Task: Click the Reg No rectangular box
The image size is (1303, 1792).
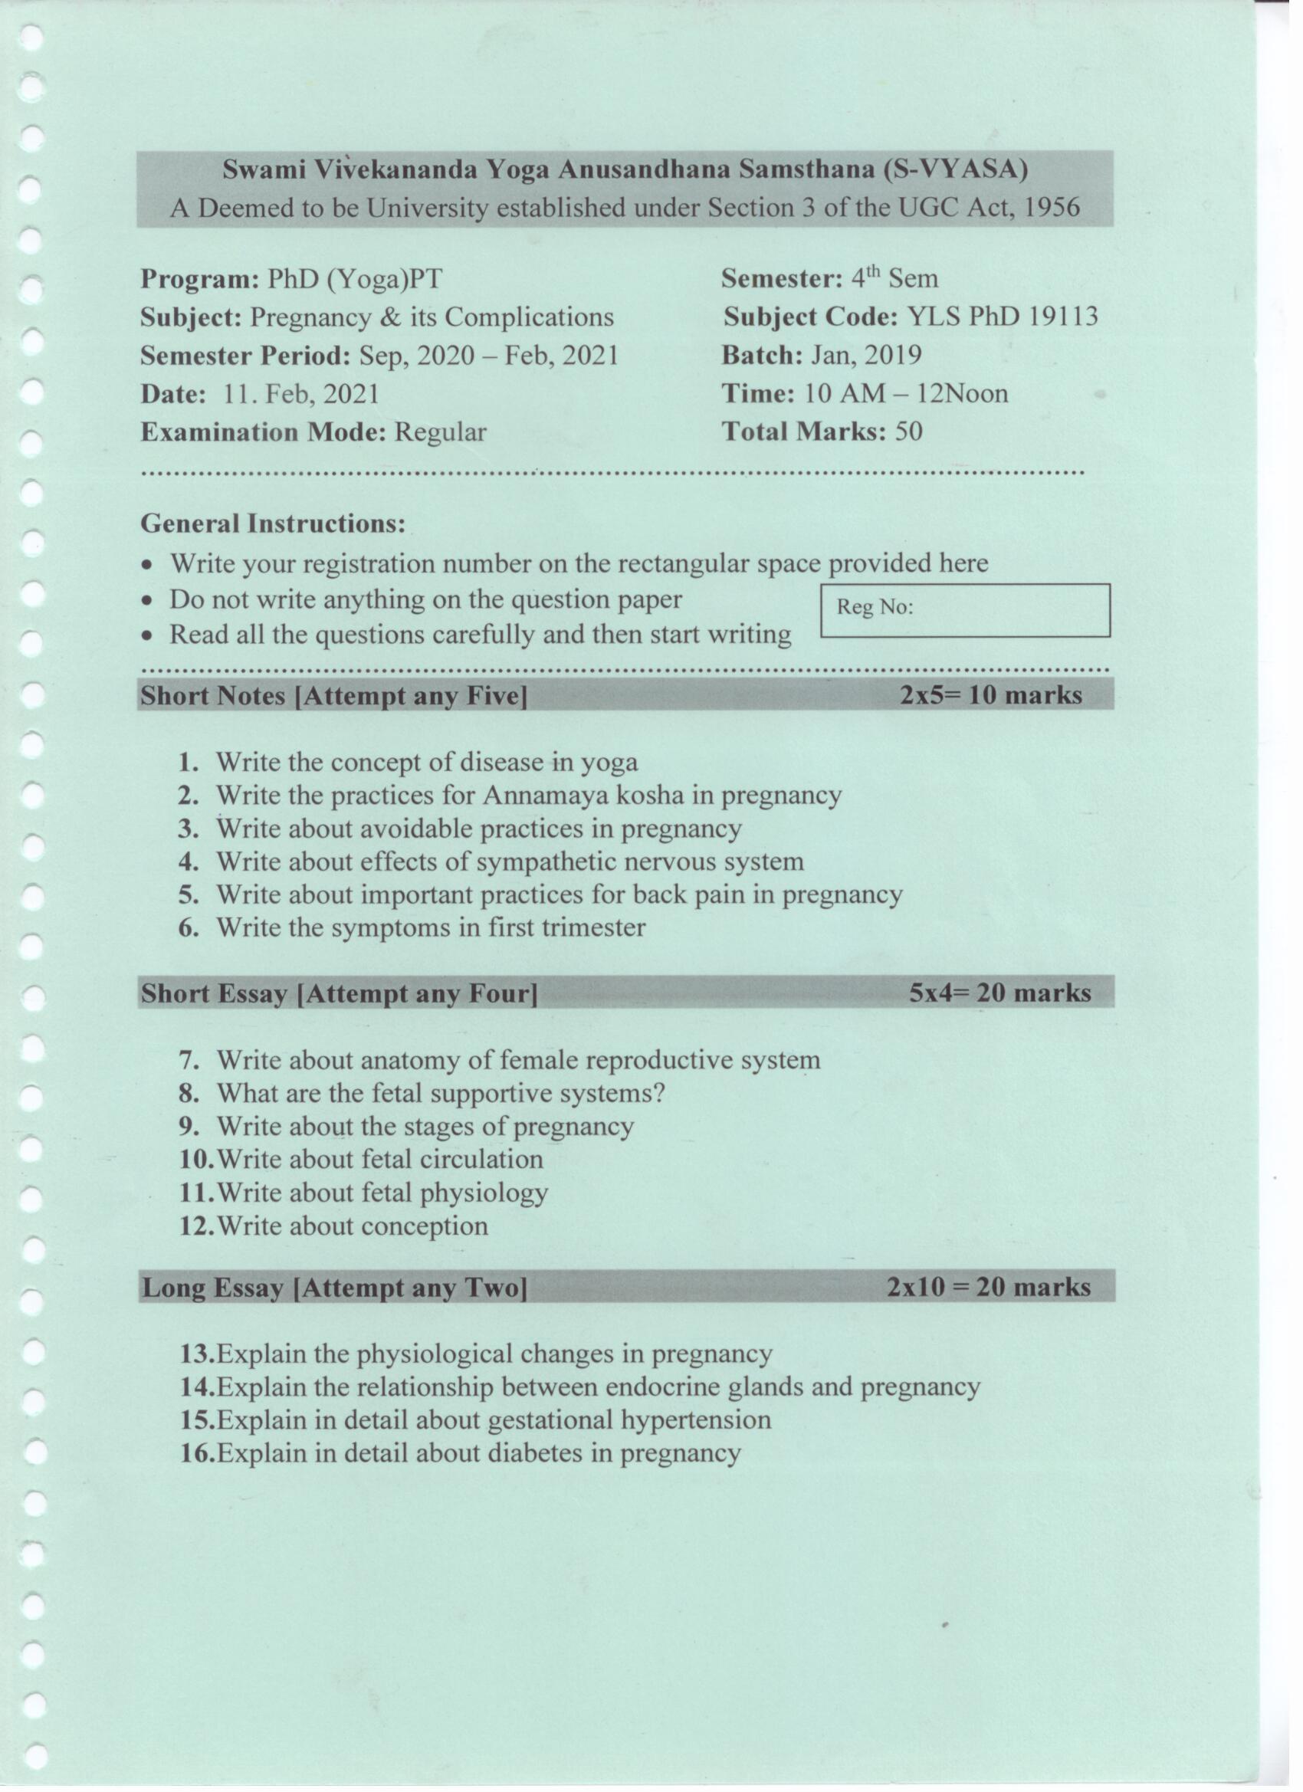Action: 965,610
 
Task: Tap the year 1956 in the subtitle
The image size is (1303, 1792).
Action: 1052,208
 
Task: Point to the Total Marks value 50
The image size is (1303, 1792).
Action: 908,432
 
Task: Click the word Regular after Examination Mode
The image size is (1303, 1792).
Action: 440,432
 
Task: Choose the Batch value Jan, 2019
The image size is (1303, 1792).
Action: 866,356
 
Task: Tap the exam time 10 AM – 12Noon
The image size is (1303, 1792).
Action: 905,393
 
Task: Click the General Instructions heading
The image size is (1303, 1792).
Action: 273,523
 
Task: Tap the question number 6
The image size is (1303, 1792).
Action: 188,927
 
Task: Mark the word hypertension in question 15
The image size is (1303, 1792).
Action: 695,1419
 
